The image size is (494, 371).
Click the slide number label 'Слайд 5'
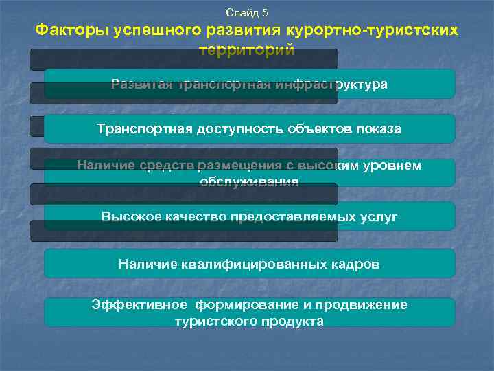(246, 13)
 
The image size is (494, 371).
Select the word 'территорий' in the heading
(246, 50)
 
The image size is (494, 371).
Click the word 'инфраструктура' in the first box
(331, 85)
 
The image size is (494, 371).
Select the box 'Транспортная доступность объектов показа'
(249, 128)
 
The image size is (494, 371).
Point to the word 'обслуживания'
(249, 181)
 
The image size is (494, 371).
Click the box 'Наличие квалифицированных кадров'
(249, 263)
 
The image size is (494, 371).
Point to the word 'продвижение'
(366, 305)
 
